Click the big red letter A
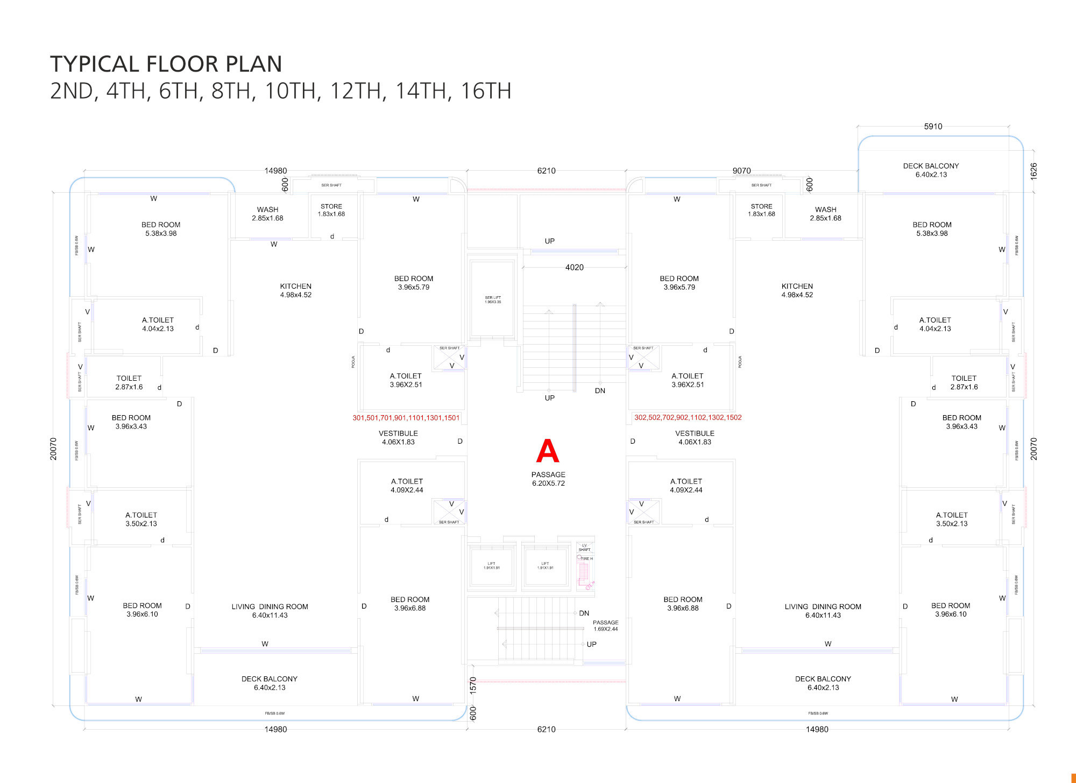(548, 451)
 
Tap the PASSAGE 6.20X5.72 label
(548, 479)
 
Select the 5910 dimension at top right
(933, 127)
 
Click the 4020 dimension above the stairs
(574, 267)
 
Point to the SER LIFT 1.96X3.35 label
(493, 299)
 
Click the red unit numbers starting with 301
(406, 418)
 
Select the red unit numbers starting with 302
(688, 417)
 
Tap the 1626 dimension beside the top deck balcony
(1033, 171)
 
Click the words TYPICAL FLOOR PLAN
(166, 64)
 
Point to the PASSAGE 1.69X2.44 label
(605, 626)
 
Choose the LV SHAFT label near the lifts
(584, 548)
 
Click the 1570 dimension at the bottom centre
(473, 685)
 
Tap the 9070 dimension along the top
(741, 171)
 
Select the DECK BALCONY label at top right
(931, 170)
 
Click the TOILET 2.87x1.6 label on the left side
(129, 382)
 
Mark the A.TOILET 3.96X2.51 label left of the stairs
(406, 380)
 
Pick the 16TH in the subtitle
(486, 91)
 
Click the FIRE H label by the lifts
(586, 558)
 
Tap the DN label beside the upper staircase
(600, 390)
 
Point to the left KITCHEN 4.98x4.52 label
(295, 290)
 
